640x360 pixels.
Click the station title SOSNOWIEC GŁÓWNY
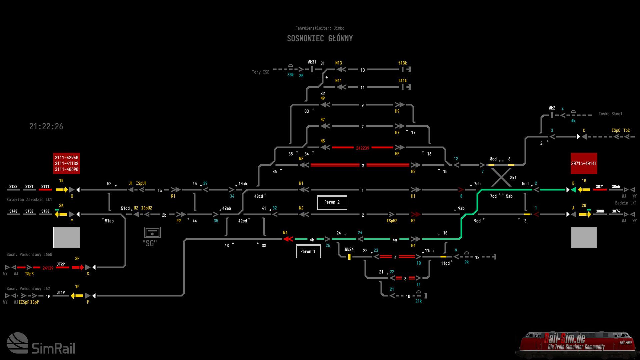(320, 38)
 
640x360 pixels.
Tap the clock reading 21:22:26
(46, 126)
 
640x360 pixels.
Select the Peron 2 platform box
(332, 202)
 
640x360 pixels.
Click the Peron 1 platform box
(308, 251)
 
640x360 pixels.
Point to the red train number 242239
(362, 148)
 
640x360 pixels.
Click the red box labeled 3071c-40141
(584, 163)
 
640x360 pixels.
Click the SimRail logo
(41, 344)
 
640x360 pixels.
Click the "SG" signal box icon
(152, 232)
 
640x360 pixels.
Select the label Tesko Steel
(610, 114)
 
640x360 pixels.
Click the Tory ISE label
(260, 72)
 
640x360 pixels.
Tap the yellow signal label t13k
(402, 63)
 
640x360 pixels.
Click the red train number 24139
(48, 268)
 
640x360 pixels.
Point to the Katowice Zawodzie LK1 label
(29, 200)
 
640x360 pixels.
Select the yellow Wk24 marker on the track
(349, 257)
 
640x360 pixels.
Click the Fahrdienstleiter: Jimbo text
(320, 28)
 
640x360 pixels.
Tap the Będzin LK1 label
(626, 203)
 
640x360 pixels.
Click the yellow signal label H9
(397, 111)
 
